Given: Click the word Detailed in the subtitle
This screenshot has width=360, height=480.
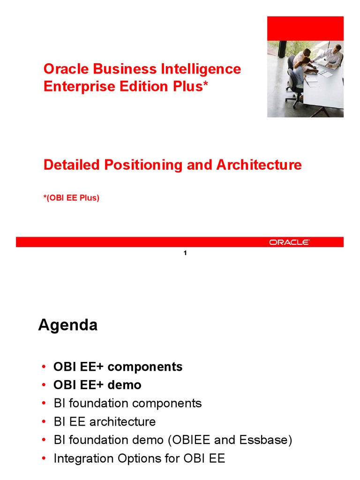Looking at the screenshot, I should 72,165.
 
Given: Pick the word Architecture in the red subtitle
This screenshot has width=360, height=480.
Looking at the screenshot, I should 259,165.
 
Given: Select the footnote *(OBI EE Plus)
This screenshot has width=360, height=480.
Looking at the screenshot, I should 71,198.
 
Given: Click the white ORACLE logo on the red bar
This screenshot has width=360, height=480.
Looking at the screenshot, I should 289,242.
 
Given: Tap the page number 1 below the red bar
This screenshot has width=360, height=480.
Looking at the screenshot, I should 185,253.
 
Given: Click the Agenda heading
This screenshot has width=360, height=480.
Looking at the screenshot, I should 67,325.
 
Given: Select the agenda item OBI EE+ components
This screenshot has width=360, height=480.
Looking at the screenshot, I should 118,367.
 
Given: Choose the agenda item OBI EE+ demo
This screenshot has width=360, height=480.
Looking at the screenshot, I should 97,385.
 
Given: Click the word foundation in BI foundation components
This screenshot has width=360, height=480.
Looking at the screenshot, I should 99,403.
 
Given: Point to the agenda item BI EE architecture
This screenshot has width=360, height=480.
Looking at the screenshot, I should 105,421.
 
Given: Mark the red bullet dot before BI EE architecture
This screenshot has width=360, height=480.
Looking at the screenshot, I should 44,421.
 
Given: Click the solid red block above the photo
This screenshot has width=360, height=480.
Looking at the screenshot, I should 305,28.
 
